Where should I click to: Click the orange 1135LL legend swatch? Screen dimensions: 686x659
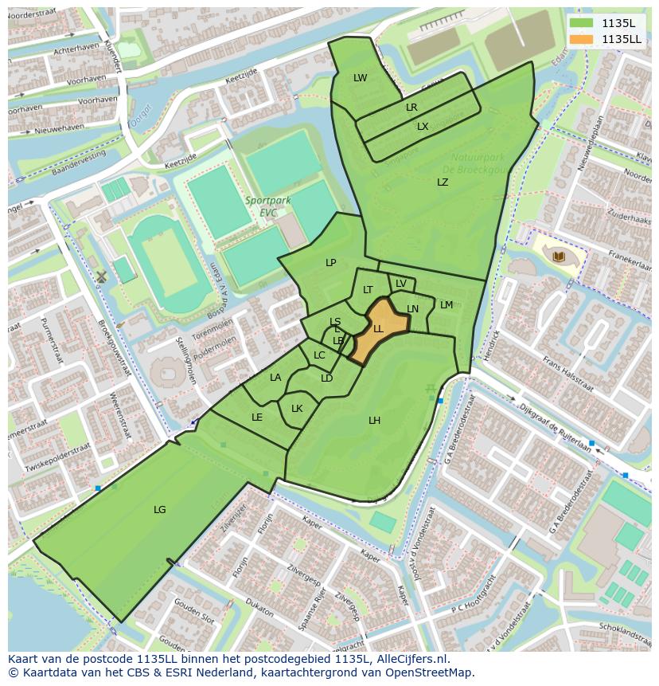point(582,39)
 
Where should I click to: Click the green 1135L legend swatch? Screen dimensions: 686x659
point(582,23)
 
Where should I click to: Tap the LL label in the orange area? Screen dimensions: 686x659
point(378,328)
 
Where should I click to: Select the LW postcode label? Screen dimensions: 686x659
point(361,78)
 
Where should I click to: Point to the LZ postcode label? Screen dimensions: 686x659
point(443,182)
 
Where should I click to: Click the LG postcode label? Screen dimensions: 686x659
point(160,510)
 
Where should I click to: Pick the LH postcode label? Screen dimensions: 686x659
point(374,421)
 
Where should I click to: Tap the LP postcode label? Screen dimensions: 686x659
point(331,263)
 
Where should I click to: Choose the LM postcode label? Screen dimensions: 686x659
point(446,305)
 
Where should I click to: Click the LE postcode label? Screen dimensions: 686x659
point(257,417)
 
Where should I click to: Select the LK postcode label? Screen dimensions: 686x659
point(297,409)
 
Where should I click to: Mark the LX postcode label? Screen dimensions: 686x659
point(423,127)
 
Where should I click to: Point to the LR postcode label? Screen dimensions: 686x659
point(411,108)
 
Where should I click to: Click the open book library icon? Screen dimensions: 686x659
point(559,256)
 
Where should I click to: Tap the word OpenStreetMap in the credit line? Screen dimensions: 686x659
point(428,672)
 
